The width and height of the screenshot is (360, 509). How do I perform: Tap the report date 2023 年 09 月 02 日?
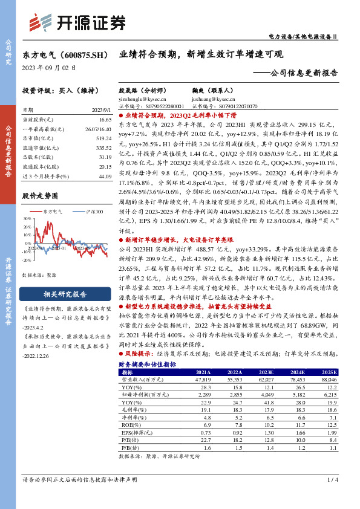pyautogui.click(x=49, y=68)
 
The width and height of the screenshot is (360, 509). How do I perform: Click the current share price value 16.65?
pyautogui.click(x=106, y=120)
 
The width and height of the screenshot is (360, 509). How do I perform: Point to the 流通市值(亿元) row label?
pyautogui.click(x=41, y=148)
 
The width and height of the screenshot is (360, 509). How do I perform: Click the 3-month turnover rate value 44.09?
pyautogui.click(x=105, y=176)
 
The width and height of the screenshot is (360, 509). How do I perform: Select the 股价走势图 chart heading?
pyautogui.click(x=40, y=196)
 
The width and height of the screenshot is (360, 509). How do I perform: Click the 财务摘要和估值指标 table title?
pyautogui.click(x=148, y=365)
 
